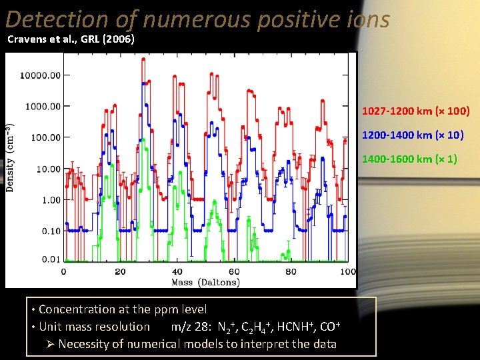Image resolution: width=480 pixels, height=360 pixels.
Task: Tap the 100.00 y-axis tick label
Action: point(45,137)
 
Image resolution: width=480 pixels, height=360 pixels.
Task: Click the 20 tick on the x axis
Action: point(120,271)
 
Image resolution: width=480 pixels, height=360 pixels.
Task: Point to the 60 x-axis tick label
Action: point(234,271)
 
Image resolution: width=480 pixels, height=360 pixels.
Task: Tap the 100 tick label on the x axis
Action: point(347,271)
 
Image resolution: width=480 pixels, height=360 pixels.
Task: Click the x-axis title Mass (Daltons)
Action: point(205,282)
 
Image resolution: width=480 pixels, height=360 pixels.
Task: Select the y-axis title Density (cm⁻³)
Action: point(11,158)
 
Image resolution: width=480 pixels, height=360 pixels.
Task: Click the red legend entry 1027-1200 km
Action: point(415,111)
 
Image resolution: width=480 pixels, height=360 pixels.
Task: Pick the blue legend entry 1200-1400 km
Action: point(412,135)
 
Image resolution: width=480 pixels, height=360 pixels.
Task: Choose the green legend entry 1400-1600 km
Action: point(409,159)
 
